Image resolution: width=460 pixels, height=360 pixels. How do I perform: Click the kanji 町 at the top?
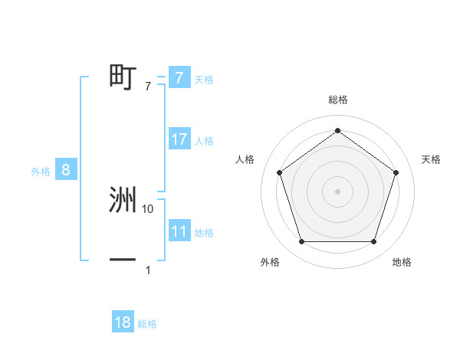tap(122, 77)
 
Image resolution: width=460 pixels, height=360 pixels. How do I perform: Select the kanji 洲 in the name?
tap(122, 200)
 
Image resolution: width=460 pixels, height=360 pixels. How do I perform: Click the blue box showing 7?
tap(179, 77)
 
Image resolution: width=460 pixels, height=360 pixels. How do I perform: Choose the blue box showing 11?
tap(179, 231)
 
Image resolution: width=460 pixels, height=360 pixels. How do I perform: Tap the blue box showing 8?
tap(66, 170)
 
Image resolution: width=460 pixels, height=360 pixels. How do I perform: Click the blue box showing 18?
tap(122, 322)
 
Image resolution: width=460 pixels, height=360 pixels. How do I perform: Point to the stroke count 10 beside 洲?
tap(148, 208)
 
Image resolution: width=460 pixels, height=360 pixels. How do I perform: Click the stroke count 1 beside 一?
tap(148, 270)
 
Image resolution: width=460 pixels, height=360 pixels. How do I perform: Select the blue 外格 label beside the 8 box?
tap(41, 172)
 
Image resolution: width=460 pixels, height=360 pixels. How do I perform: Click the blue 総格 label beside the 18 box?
tap(147, 324)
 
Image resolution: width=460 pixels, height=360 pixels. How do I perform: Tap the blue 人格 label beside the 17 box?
tap(204, 141)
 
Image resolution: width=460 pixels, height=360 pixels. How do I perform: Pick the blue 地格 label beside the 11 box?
tap(204, 233)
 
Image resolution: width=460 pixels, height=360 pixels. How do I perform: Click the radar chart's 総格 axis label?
tap(337, 100)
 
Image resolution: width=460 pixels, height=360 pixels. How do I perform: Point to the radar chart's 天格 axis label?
tap(431, 159)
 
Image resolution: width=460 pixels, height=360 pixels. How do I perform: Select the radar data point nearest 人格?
tap(279, 172)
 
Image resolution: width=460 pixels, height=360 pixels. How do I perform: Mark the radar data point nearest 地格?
tap(373, 242)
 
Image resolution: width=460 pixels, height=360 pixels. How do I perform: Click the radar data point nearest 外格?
tap(301, 242)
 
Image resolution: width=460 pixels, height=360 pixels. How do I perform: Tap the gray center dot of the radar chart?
tap(337, 191)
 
